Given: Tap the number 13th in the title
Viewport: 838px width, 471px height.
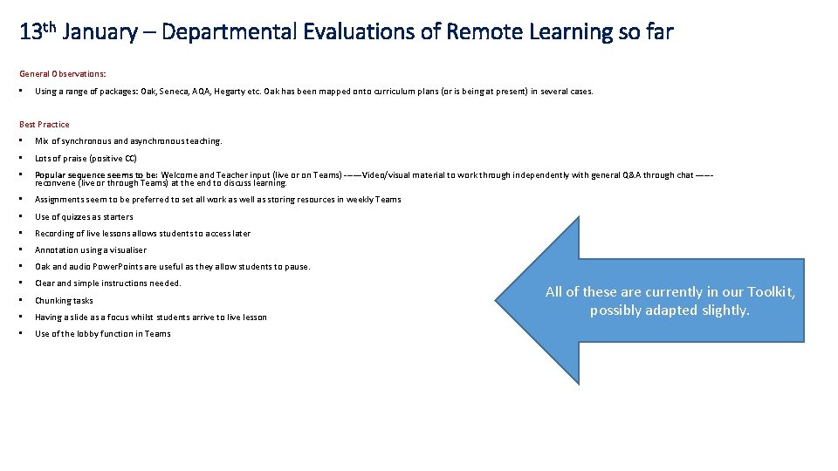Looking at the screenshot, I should point(38,32).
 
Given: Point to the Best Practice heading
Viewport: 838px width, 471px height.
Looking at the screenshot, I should point(44,125).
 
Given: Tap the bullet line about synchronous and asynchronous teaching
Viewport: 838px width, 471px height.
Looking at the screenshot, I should point(128,141).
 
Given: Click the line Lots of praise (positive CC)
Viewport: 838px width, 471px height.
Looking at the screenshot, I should point(86,158).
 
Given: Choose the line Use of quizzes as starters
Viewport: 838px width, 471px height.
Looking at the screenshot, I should point(84,216).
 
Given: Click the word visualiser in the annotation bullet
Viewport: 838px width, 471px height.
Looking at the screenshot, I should point(127,250).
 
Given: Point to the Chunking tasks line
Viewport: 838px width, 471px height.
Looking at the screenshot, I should point(64,301).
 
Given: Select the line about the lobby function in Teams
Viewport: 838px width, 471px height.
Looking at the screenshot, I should point(102,334).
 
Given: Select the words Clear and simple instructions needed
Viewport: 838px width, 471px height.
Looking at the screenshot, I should point(107,283).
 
